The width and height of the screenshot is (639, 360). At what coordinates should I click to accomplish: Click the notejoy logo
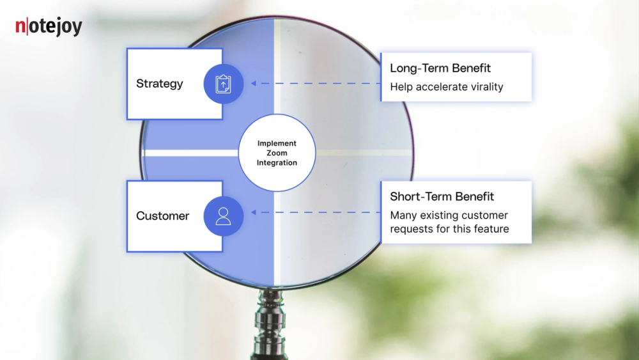(49, 27)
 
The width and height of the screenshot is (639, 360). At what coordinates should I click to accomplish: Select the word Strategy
(159, 84)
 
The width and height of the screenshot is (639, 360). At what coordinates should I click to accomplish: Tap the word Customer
(162, 216)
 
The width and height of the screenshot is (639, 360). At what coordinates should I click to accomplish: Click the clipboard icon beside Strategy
(223, 84)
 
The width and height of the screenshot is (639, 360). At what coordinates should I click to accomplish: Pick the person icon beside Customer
(223, 216)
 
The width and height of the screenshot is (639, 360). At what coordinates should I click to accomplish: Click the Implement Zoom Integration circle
(277, 153)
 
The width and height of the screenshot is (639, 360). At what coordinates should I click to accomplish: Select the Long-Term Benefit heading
(440, 68)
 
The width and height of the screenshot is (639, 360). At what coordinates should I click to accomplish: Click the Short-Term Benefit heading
(442, 197)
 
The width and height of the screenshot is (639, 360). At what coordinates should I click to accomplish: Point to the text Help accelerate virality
(447, 87)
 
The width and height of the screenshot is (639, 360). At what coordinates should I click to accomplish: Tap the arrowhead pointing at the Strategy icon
(254, 84)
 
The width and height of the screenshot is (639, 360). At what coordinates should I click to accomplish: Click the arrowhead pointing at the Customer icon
(254, 212)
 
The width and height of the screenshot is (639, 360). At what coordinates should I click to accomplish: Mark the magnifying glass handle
(271, 326)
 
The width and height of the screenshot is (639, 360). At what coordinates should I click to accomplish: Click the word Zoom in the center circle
(277, 153)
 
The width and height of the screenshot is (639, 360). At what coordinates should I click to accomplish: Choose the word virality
(482, 87)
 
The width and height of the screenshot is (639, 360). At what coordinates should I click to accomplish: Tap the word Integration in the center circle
(277, 163)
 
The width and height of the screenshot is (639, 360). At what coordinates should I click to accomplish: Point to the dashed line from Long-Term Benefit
(319, 84)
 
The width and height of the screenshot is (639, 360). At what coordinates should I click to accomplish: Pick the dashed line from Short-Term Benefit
(319, 212)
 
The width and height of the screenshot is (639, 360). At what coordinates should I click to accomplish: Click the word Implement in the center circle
(277, 144)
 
